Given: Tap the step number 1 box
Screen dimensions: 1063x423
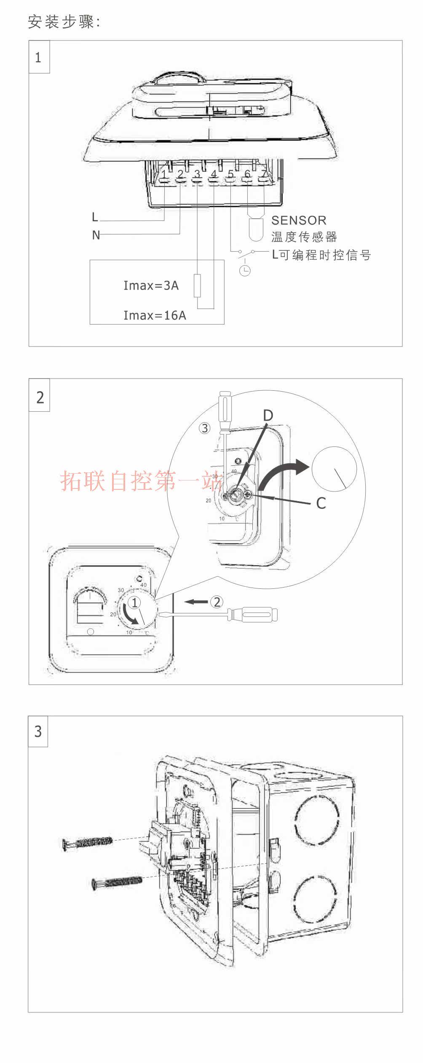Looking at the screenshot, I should point(39,57).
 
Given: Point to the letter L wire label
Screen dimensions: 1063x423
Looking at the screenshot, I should point(95,217).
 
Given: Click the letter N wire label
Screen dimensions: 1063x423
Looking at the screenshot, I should point(96,235).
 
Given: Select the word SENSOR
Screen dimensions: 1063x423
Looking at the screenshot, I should point(299,220).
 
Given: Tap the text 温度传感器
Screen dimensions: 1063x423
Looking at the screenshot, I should point(304,237).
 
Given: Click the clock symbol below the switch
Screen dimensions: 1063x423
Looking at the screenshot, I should point(245,271).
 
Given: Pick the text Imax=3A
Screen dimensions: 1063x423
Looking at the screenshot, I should point(151,285).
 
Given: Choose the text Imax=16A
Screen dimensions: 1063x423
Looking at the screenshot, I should point(155,315).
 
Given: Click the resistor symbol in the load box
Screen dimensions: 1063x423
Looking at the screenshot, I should point(197,286).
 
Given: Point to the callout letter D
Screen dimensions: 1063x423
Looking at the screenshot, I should point(268,416).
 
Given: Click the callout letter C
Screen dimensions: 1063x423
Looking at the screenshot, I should point(321,503).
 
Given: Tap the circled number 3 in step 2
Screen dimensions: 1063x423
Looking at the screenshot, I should point(204,428).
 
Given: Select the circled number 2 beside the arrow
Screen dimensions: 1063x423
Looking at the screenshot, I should point(217,602).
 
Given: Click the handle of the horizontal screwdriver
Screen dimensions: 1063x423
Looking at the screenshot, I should point(252,614).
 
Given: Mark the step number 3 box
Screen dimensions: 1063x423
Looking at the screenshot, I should point(38,731).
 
